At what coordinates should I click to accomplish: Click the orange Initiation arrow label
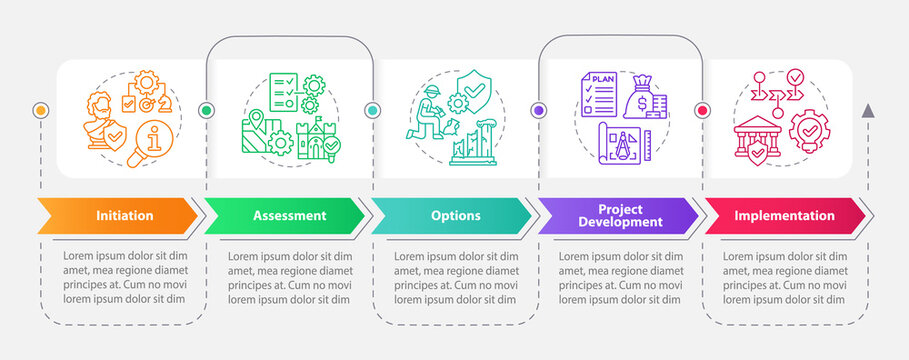pos(123,215)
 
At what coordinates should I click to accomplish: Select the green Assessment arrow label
pos(288,215)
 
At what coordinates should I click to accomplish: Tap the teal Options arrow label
pos(455,215)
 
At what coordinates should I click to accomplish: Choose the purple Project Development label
pos(621,215)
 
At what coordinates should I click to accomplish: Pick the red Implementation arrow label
pos(785,215)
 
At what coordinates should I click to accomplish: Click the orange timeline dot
pos(41,110)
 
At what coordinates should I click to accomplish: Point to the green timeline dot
pos(206,110)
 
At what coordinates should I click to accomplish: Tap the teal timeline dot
pos(372,110)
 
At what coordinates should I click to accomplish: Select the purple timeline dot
pos(538,110)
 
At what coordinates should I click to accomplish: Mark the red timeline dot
pos(702,110)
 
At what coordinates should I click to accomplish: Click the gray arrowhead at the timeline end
pos(868,110)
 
